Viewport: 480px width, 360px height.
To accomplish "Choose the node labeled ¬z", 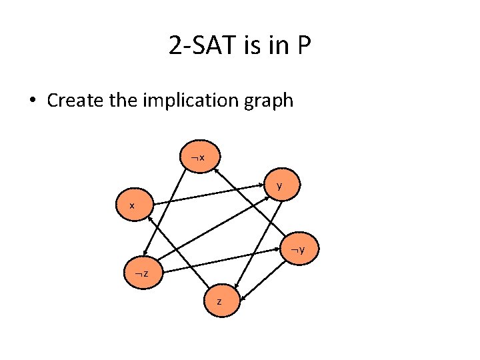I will coord(141,274).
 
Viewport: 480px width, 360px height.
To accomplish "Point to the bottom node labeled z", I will coord(219,301).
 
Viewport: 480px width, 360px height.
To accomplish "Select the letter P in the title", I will coord(304,46).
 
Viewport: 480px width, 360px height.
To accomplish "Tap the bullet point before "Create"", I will coord(33,101).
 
